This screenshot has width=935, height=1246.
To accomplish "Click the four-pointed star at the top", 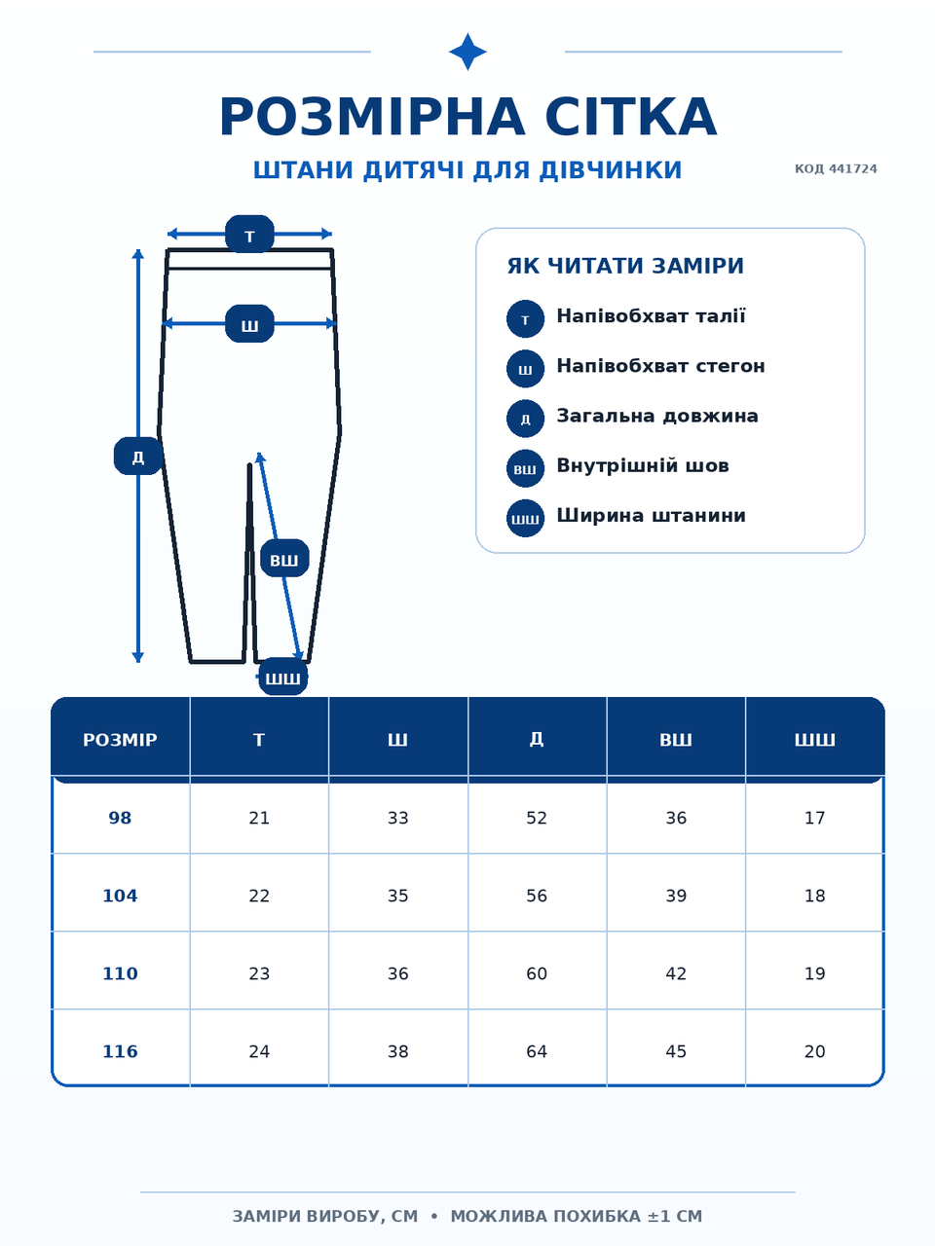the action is click(467, 52).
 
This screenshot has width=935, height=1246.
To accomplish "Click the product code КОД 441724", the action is click(836, 169).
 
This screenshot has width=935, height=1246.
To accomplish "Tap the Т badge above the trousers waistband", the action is click(249, 234).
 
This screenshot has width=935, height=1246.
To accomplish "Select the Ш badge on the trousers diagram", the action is click(249, 323).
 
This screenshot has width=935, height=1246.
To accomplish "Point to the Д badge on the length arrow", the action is click(138, 456).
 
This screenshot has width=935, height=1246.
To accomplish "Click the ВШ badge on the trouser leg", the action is click(284, 558).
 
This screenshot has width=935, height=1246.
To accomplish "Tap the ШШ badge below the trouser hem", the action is click(282, 677).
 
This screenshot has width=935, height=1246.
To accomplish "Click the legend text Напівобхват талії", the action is click(651, 316).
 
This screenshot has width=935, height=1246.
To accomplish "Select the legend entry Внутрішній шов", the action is click(643, 466).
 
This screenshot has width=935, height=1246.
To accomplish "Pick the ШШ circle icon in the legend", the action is click(525, 518).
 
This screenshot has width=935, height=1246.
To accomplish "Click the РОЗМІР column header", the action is click(121, 740).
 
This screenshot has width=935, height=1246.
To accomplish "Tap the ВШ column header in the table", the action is click(676, 740).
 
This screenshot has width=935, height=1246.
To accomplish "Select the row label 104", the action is click(120, 896).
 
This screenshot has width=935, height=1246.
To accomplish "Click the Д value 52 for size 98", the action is click(537, 818).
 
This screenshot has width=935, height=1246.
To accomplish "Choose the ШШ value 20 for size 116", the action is click(814, 1052).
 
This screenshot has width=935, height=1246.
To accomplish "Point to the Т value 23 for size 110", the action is click(259, 974).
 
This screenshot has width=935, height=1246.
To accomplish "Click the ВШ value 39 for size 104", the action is click(676, 896).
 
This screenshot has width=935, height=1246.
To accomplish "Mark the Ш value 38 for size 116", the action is click(398, 1052).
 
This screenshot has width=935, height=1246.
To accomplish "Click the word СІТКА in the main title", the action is click(631, 117).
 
